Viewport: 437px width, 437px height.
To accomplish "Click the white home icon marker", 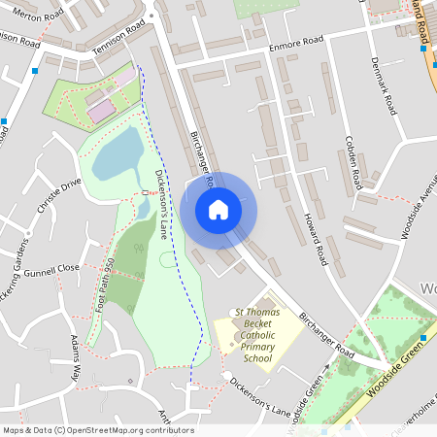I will (x=218, y=209).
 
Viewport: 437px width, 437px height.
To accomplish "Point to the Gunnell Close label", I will (x=52, y=269).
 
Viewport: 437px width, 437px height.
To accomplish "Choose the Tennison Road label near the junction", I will (x=117, y=37).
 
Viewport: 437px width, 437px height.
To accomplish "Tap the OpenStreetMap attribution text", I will (x=97, y=430).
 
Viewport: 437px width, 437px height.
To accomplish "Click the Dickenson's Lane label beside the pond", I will (x=164, y=192).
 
